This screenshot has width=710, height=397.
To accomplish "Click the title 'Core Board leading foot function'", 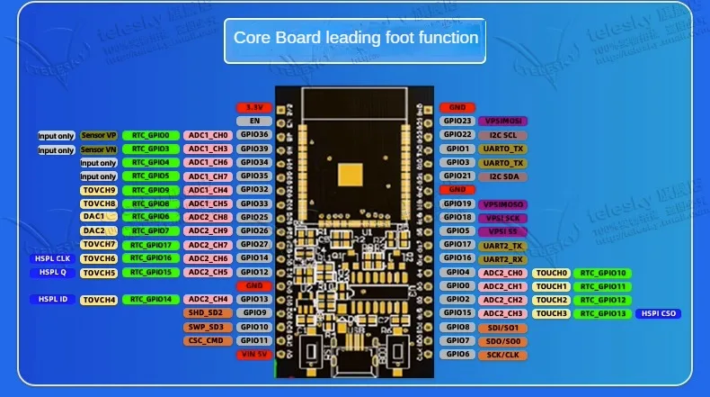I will pyautogui.click(x=355, y=38).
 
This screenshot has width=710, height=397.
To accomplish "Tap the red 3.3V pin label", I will pyautogui.click(x=253, y=107).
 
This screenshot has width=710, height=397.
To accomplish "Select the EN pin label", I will pyautogui.click(x=253, y=121).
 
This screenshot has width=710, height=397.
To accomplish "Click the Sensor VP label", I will pyautogui.click(x=99, y=135).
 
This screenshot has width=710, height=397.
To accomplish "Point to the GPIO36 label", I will pyautogui.click(x=253, y=135).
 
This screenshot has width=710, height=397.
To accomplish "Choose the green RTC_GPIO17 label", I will pyautogui.click(x=151, y=244).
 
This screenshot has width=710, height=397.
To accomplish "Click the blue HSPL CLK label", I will pyautogui.click(x=52, y=258).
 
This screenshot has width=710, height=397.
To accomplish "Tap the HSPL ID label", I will pyautogui.click(x=52, y=299).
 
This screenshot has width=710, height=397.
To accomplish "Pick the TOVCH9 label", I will pyautogui.click(x=99, y=190).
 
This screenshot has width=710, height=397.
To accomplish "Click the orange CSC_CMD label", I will pyautogui.click(x=206, y=340).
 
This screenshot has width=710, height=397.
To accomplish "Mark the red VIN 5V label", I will pyautogui.click(x=253, y=354).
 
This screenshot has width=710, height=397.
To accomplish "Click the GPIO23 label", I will pyautogui.click(x=457, y=121).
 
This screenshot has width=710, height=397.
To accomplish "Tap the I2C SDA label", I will pyautogui.click(x=502, y=176).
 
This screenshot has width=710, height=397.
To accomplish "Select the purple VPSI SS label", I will pyautogui.click(x=502, y=230).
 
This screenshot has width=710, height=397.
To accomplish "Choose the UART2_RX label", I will pyautogui.click(x=502, y=258).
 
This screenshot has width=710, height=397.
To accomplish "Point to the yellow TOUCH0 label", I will pyautogui.click(x=551, y=273).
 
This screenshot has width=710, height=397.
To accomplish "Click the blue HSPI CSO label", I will pyautogui.click(x=658, y=313).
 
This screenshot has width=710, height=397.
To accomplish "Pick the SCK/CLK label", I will pyautogui.click(x=502, y=354).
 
